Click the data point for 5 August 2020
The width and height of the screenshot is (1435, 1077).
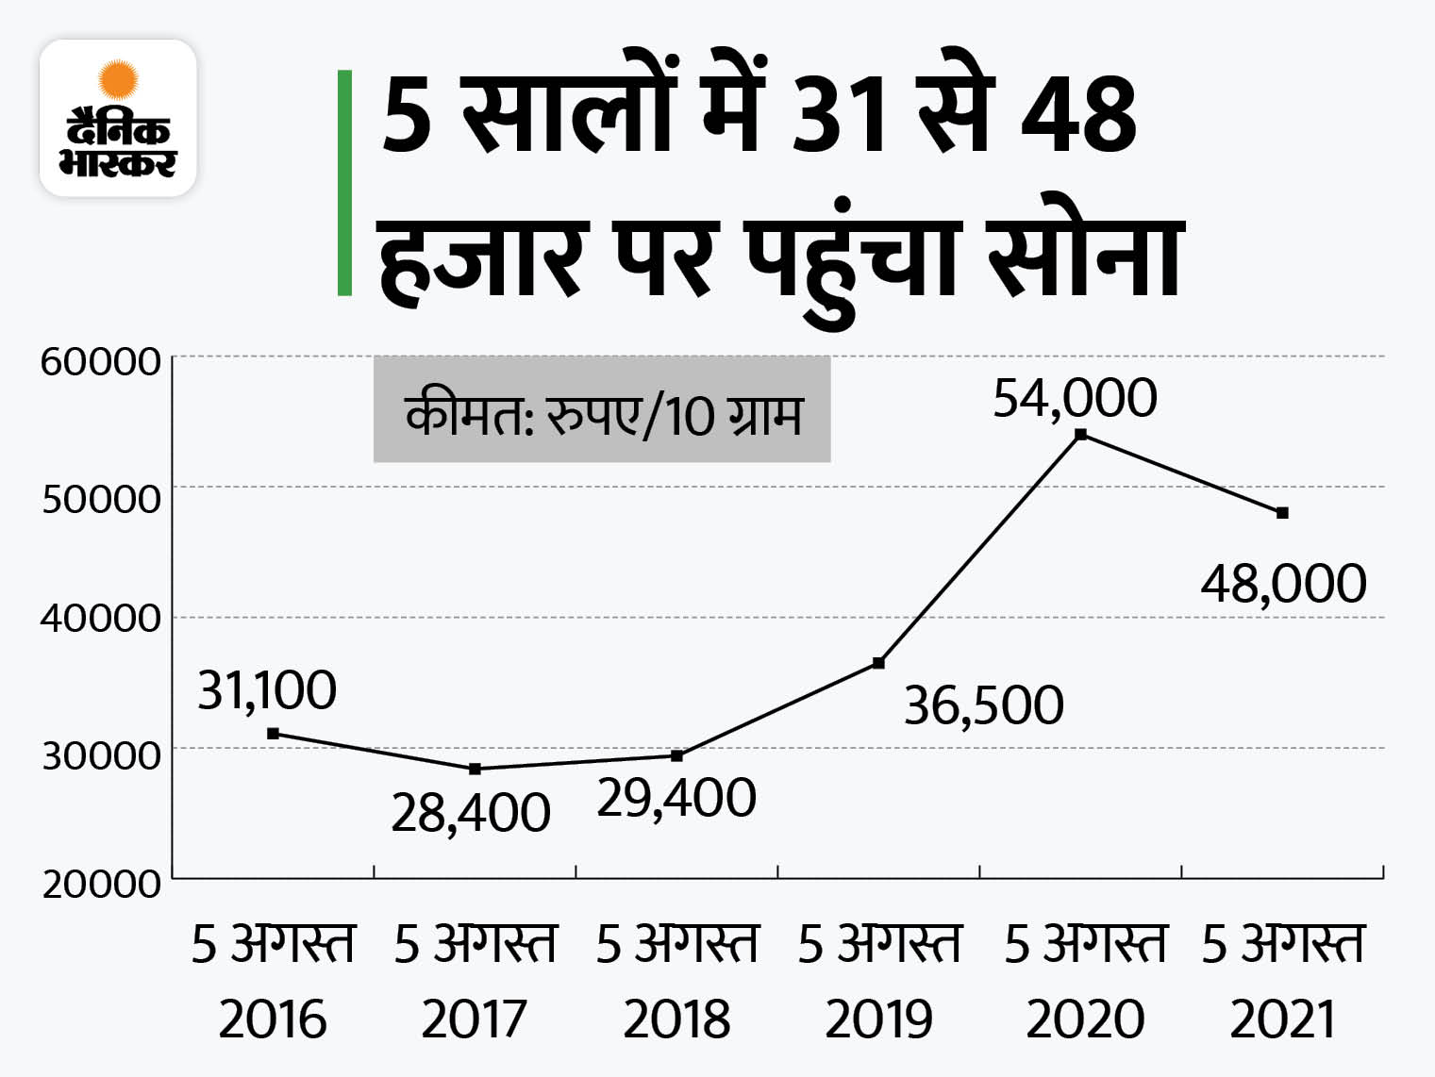pyautogui.click(x=1081, y=434)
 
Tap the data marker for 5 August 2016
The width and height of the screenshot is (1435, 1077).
pyautogui.click(x=273, y=733)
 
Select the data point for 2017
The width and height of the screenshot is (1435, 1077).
pyautogui.click(x=475, y=769)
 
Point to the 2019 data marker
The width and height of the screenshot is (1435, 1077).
pyautogui.click(x=878, y=663)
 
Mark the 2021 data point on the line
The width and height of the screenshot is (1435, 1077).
pyautogui.click(x=1282, y=513)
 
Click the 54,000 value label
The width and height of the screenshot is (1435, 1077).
pyautogui.click(x=1075, y=397)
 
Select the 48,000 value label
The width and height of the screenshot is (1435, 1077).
pyautogui.click(x=1283, y=583)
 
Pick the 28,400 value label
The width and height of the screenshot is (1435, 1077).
pyautogui.click(x=470, y=812)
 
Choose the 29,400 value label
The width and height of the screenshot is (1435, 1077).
pyautogui.click(x=676, y=798)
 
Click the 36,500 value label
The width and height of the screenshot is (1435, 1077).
pyautogui.click(x=983, y=705)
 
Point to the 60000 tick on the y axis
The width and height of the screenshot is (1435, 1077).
pyautogui.click(x=100, y=361)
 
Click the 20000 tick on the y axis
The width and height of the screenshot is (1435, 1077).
pyautogui.click(x=101, y=884)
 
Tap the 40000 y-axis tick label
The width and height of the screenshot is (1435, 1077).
pyautogui.click(x=100, y=619)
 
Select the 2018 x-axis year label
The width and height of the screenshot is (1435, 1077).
pyautogui.click(x=676, y=1019)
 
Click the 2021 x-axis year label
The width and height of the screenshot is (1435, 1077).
pyautogui.click(x=1282, y=1019)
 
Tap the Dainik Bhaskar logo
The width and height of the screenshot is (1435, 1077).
pyautogui.click(x=118, y=118)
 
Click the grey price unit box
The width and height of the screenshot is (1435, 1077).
pyautogui.click(x=602, y=410)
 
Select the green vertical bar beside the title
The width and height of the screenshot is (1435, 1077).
pyautogui.click(x=345, y=183)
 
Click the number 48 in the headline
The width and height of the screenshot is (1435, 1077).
pyautogui.click(x=1078, y=116)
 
